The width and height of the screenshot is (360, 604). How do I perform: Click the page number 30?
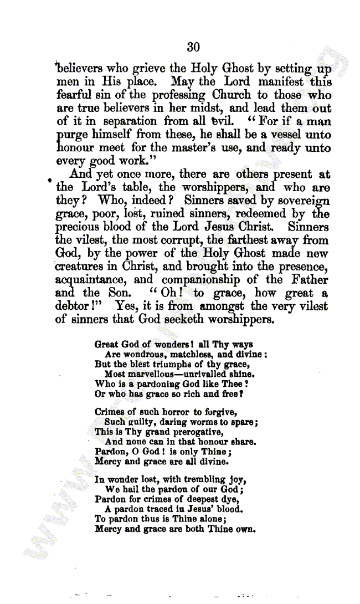tap(193, 48)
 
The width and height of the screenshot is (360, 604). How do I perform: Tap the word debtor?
tap(73, 306)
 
